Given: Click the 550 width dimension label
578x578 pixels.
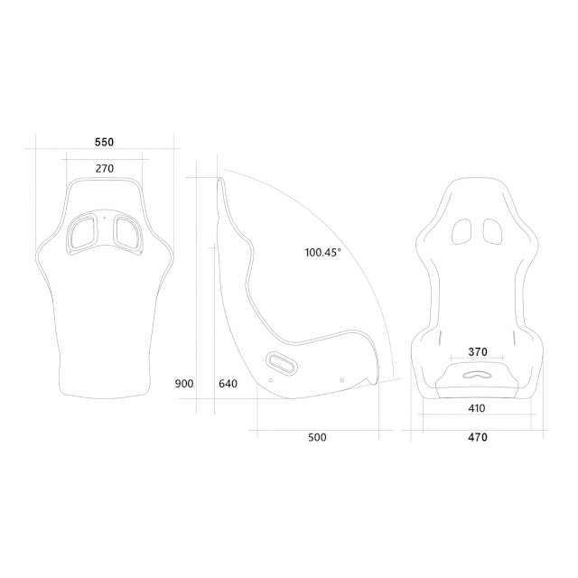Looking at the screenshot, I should [x=104, y=143].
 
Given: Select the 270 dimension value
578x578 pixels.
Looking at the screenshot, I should [x=104, y=169].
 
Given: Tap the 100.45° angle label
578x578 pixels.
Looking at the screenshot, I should [x=322, y=253].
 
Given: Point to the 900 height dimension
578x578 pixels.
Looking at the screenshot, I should [x=184, y=384].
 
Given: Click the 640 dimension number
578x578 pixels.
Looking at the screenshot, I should [x=228, y=384].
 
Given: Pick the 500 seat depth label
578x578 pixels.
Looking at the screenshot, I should [x=316, y=438].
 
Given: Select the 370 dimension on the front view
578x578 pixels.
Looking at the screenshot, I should [x=478, y=352].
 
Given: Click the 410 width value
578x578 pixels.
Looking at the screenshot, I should [x=477, y=408].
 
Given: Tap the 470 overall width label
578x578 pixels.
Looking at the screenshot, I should [x=478, y=438].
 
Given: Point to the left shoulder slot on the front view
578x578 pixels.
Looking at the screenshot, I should [x=462, y=231].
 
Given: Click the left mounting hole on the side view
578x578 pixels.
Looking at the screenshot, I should [x=271, y=380].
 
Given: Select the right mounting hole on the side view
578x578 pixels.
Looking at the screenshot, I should [x=341, y=380].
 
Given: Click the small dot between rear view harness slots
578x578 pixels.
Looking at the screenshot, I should [x=104, y=217].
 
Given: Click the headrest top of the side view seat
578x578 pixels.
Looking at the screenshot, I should [x=221, y=181].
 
